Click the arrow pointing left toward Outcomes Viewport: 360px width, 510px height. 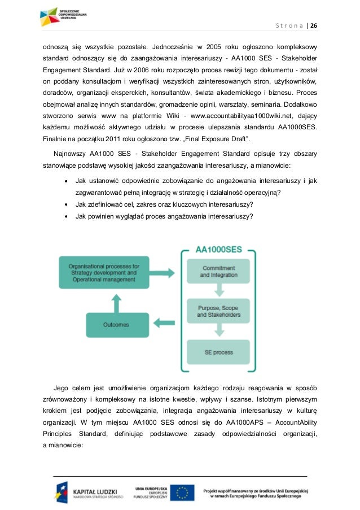point(165,324)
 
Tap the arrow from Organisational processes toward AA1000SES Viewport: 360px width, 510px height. point(165,271)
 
